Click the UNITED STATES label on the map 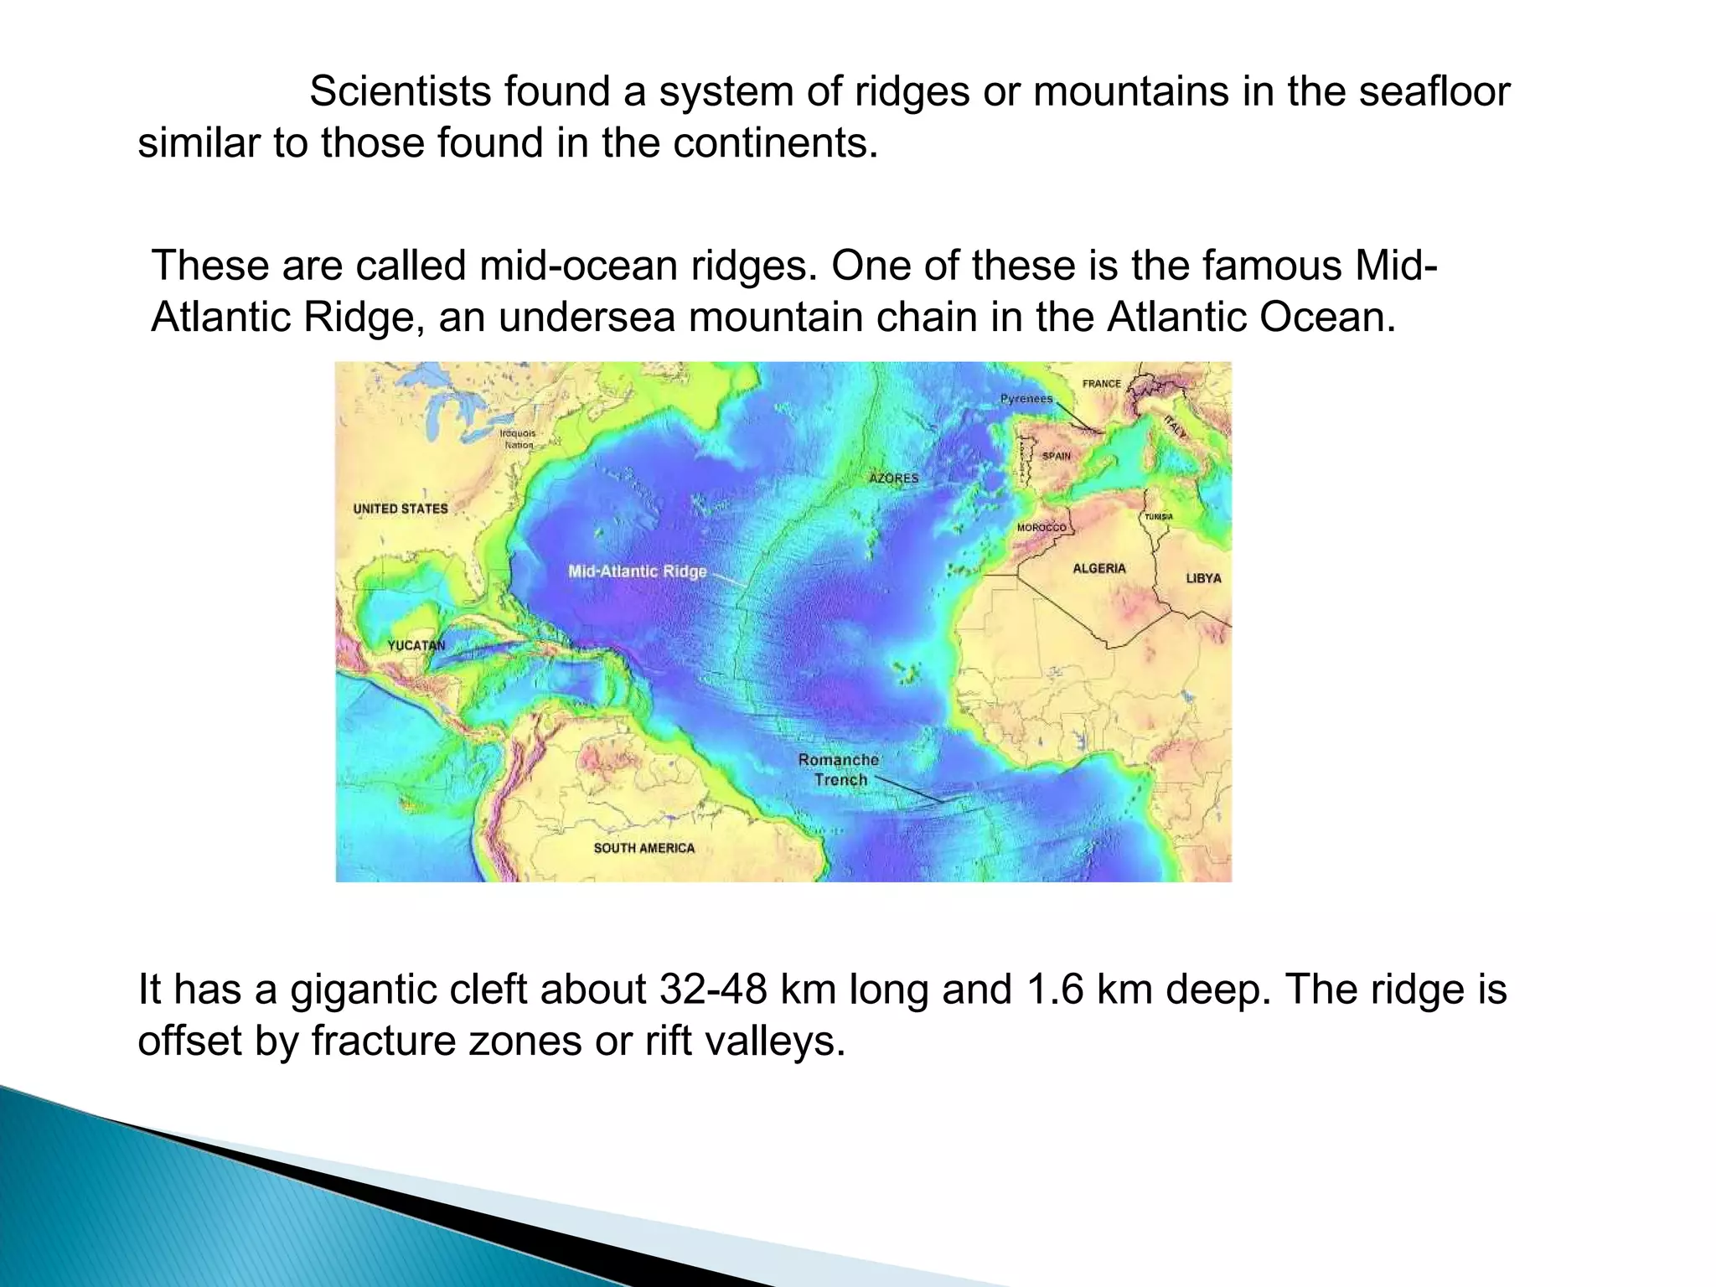(401, 509)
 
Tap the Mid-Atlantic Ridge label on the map (638, 571)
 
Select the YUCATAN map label (416, 645)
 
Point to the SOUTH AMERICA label (644, 848)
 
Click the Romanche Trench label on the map (839, 770)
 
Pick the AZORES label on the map (894, 478)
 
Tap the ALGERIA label (1099, 568)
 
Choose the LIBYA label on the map (1203, 578)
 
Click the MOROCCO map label (1041, 528)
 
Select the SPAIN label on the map (1057, 456)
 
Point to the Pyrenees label (1026, 399)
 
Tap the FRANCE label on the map (1101, 384)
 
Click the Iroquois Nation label (518, 439)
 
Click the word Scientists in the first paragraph (400, 91)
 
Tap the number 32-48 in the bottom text (713, 990)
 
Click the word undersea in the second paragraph (587, 318)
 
